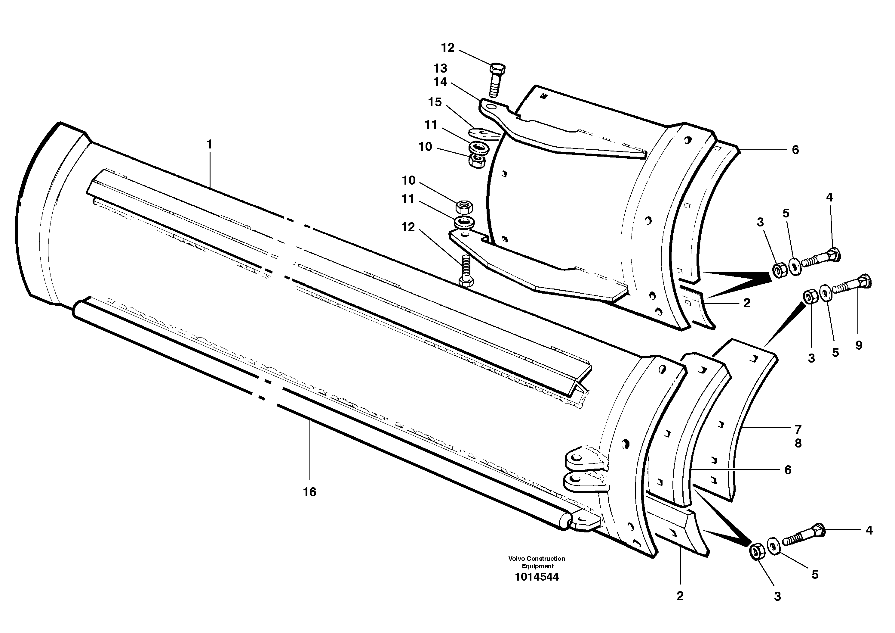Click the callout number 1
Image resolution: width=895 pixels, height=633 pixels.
209,144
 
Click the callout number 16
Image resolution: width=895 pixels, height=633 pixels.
309,492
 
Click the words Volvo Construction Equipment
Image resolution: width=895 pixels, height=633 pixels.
537,562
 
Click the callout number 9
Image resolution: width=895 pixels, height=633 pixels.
859,345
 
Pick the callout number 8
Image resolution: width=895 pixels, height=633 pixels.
798,443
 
